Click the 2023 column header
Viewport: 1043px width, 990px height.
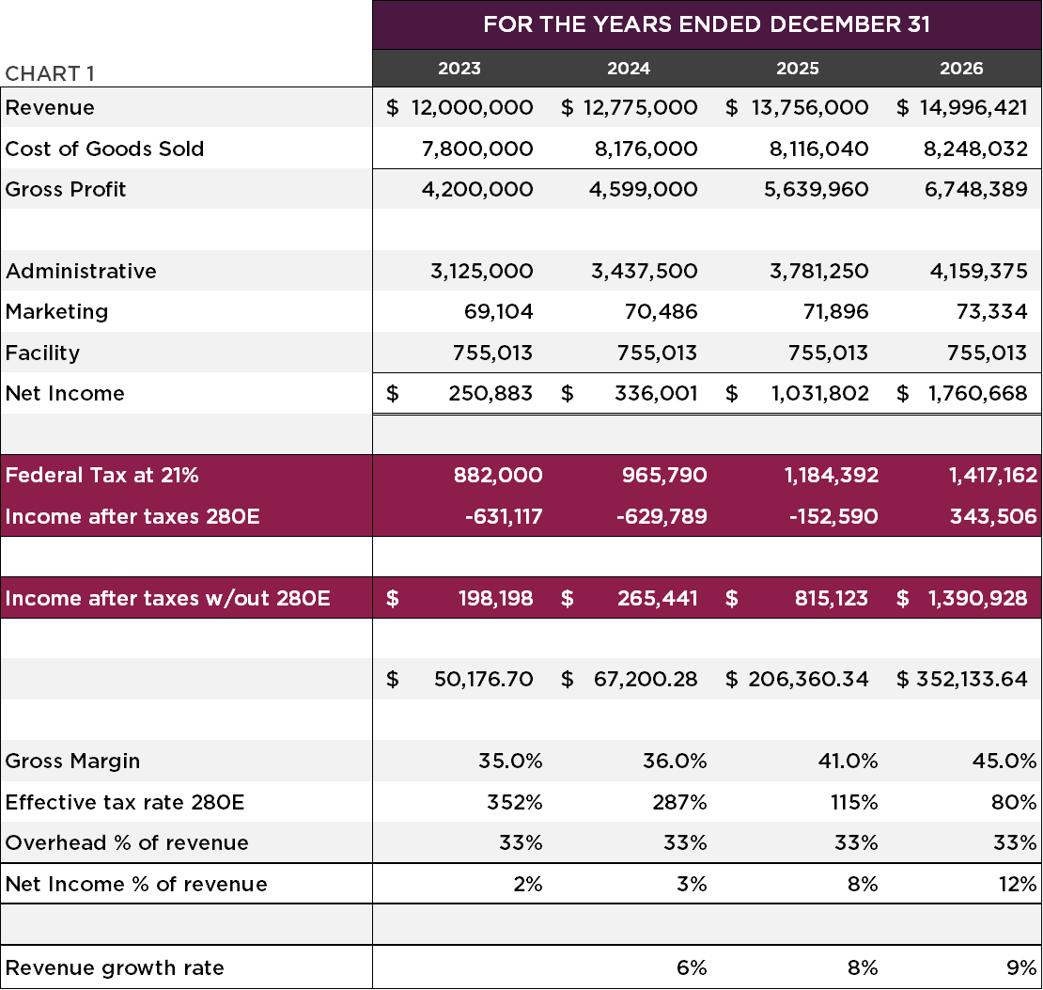[x=459, y=69]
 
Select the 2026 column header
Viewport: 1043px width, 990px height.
[x=961, y=69]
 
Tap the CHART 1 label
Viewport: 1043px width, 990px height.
[x=50, y=74]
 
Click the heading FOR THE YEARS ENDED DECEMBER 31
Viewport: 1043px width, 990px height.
[x=707, y=24]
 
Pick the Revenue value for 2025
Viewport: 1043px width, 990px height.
[x=810, y=108]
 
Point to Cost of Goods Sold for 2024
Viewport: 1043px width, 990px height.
[x=645, y=149]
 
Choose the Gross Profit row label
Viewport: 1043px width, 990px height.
[x=66, y=190]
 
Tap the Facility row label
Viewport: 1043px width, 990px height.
[x=42, y=354]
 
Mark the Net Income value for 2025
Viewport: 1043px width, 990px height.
[x=819, y=394]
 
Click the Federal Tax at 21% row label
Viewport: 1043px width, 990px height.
[x=101, y=476]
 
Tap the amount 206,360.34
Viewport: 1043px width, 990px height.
[x=808, y=680]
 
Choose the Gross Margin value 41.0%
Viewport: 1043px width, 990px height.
[x=850, y=762]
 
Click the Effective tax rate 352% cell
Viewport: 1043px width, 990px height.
[x=514, y=803]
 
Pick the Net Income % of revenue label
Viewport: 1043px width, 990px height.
[x=136, y=885]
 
